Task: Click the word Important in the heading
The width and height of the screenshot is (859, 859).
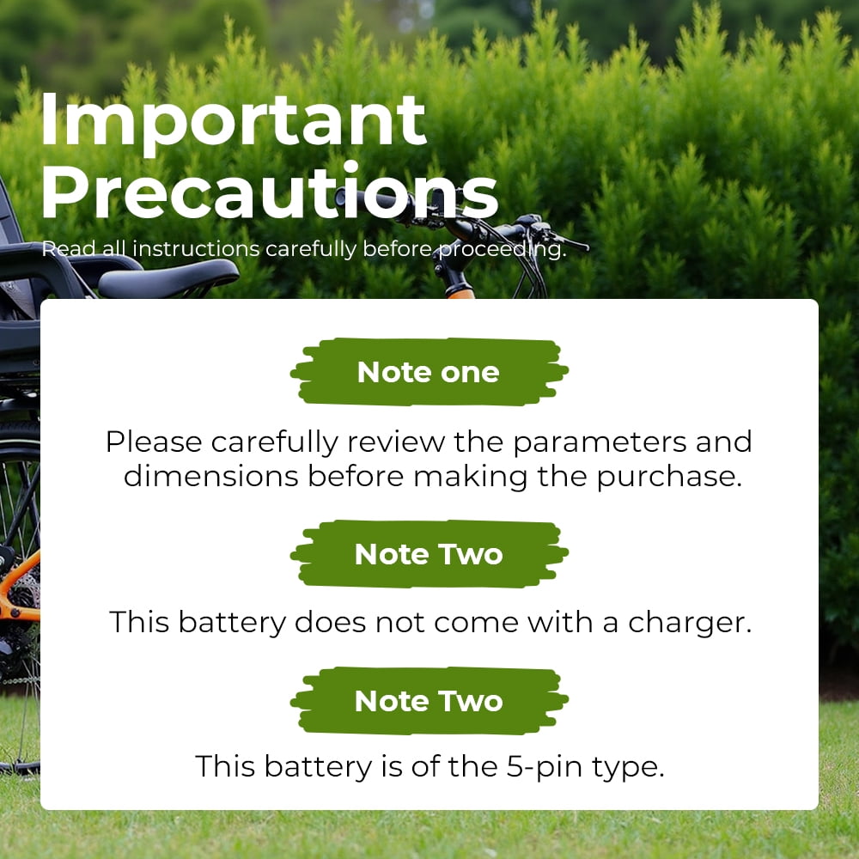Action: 234,120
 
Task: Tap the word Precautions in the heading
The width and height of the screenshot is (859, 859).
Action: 270,192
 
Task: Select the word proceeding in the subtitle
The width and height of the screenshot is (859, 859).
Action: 503,249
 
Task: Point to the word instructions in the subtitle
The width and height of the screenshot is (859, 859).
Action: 196,249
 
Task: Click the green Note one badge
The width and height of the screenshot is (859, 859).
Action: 429,372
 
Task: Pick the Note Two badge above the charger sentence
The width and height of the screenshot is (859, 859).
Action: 429,554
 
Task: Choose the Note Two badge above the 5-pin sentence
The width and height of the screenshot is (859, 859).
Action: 429,701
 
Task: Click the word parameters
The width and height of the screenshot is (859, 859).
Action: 600,442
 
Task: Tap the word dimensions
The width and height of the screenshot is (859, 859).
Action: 211,476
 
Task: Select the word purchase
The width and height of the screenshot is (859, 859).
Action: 669,477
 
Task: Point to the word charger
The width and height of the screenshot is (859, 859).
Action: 690,623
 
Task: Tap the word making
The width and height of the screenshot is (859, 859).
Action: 471,477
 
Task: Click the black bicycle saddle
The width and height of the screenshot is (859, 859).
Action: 168,278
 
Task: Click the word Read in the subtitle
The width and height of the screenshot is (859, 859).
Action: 62,249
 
